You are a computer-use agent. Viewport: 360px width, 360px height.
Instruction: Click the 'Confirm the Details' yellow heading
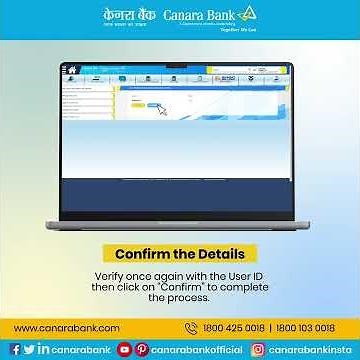coord(179,254)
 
